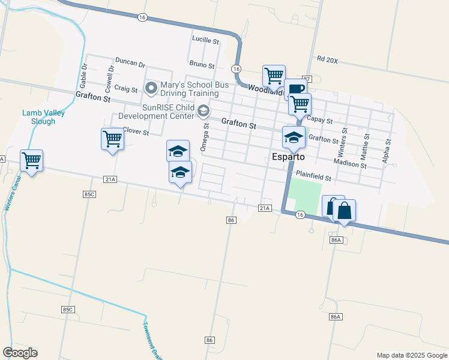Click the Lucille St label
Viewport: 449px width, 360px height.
point(205,40)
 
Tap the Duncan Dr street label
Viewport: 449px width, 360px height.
point(130,63)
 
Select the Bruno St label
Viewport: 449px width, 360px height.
point(202,64)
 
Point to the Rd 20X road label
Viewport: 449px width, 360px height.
point(328,60)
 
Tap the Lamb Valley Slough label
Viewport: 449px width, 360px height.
point(43,117)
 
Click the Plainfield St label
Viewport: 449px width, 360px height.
point(314,178)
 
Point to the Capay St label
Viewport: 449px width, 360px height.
point(319,120)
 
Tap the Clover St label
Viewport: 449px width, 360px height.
point(136,131)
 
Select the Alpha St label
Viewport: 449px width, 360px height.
point(387,152)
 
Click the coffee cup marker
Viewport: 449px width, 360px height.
point(295,90)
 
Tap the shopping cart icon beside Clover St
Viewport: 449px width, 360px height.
point(112,139)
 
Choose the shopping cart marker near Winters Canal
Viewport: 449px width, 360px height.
point(31,160)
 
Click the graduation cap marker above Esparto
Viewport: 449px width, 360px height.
point(294,137)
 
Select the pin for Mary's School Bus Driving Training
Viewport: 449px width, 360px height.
point(151,89)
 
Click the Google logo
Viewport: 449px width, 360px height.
point(20,353)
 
